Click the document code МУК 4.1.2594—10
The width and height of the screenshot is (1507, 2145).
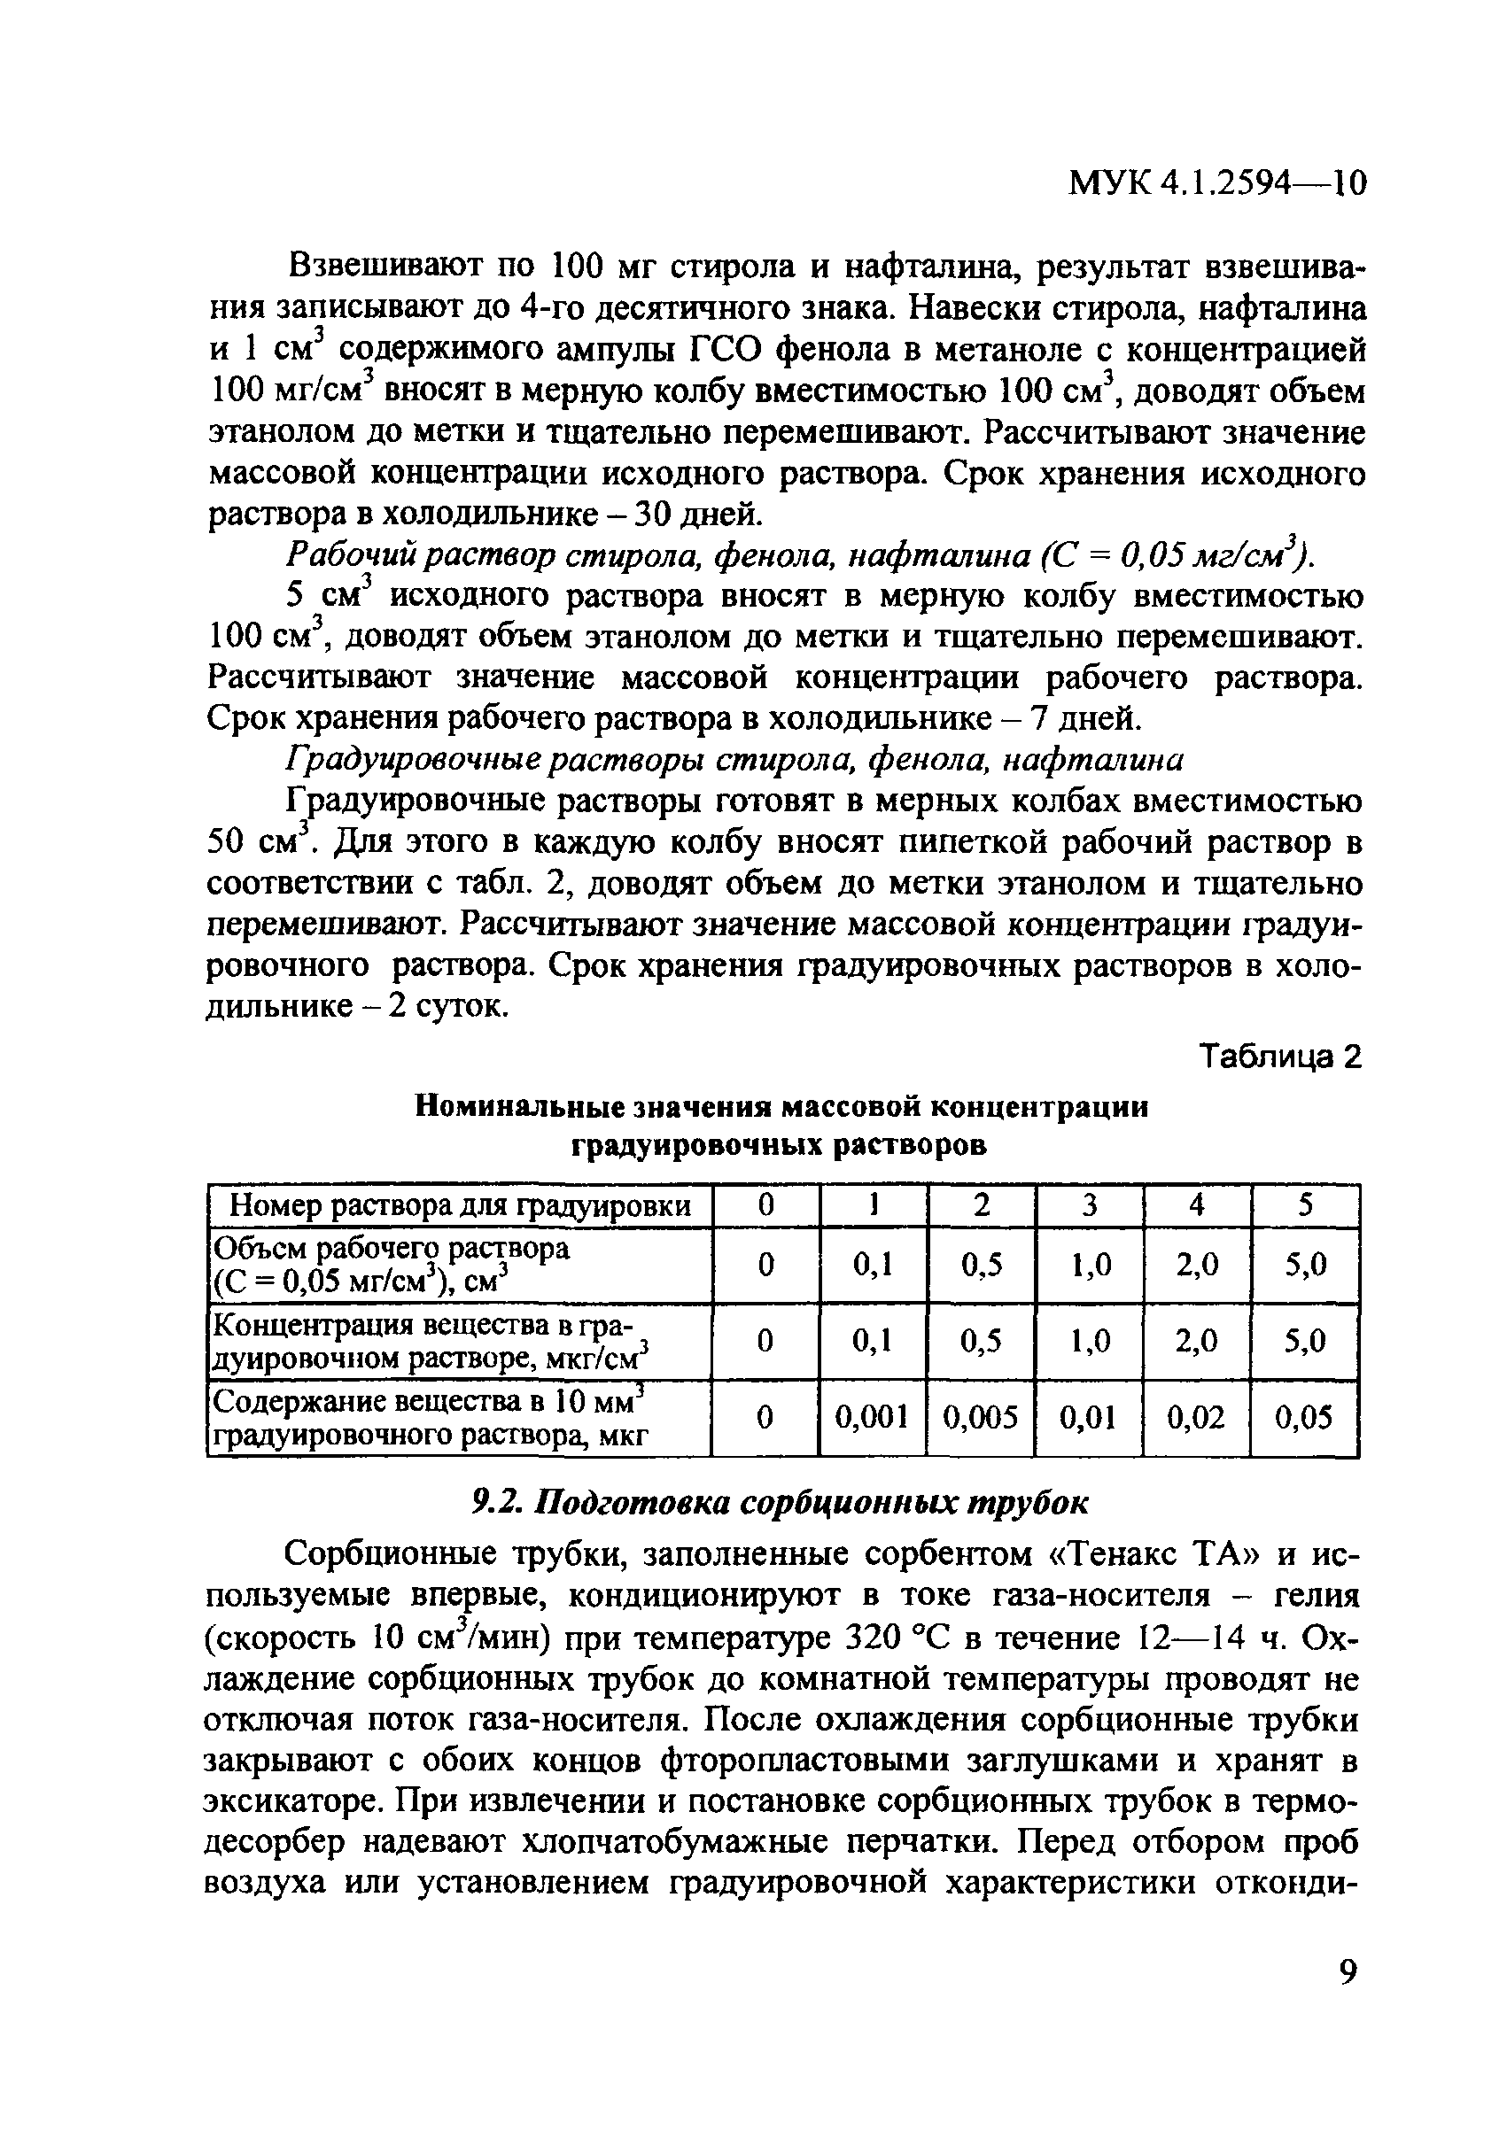1216,183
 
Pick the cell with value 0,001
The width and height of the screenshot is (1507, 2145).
872,1418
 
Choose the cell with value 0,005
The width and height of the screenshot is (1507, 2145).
980,1418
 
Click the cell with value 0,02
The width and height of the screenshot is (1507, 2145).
1196,1418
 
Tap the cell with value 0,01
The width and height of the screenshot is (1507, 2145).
1089,1418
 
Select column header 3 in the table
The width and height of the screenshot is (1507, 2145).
1089,1205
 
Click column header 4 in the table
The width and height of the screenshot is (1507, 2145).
1196,1205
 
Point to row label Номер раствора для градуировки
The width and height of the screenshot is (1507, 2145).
460,1206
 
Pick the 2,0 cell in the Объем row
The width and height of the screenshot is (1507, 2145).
1196,1265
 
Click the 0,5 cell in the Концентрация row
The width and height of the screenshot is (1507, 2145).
980,1342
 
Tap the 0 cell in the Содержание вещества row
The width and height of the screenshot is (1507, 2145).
765,1418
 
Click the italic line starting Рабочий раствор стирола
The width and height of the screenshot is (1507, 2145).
799,555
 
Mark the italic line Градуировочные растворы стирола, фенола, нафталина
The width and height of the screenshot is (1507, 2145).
734,761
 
